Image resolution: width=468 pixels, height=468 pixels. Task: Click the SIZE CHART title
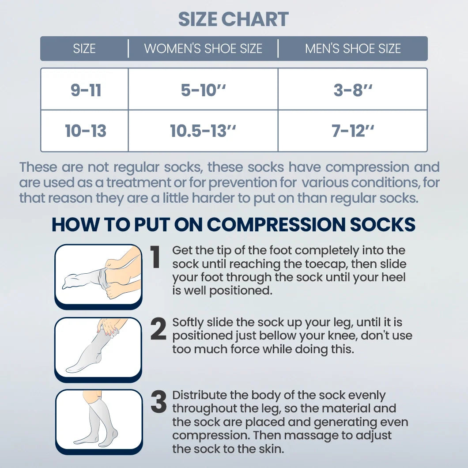[x=234, y=19]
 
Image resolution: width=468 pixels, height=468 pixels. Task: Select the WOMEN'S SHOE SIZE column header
[x=203, y=49]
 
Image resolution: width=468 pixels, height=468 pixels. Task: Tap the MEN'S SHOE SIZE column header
[x=353, y=49]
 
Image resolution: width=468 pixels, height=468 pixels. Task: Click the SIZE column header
[x=84, y=49]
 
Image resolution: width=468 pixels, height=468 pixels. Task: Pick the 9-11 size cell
[x=86, y=90]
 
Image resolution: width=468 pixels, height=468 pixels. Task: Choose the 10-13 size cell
[x=86, y=131]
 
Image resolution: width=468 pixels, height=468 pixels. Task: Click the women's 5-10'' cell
[x=203, y=90]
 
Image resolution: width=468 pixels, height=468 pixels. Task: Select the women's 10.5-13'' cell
[x=203, y=131]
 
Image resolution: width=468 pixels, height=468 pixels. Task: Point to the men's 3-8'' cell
[x=353, y=90]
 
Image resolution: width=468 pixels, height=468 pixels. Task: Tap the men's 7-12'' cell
[x=353, y=131]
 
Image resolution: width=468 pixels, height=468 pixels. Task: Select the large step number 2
[x=158, y=330]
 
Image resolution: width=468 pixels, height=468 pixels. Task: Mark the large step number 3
[x=158, y=402]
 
